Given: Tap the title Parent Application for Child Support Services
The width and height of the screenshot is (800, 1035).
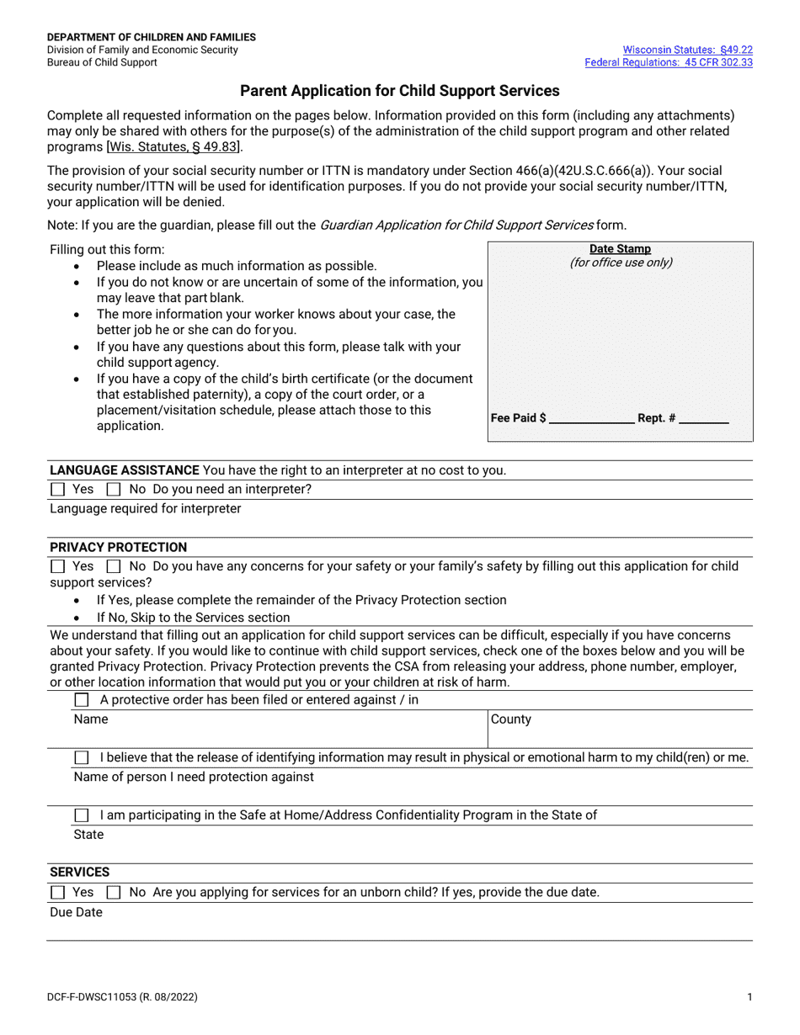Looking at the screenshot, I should pos(400,91).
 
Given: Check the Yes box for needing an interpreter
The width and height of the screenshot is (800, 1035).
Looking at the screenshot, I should pos(57,489).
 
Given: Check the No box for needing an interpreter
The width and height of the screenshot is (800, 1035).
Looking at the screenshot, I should pos(114,489).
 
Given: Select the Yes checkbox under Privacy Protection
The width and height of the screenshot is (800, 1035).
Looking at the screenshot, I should pos(57,566).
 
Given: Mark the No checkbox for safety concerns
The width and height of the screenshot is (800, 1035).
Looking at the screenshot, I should pos(114,566).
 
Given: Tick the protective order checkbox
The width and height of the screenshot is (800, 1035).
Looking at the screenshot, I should pos(82,700).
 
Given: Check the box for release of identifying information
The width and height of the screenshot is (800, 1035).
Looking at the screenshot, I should pos(82,757).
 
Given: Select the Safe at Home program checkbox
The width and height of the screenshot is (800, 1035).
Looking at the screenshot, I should pos(82,815).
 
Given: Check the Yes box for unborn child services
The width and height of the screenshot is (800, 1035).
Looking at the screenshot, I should pos(57,892).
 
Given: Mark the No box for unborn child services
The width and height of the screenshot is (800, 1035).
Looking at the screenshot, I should pos(114,892).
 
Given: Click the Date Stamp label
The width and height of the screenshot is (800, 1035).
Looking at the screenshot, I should pos(620,249).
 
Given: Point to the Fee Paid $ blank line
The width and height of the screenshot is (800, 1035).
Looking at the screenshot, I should pos(591,418).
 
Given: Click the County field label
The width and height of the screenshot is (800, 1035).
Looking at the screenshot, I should pos(511,719).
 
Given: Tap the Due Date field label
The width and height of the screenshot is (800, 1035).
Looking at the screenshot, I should pos(76,912).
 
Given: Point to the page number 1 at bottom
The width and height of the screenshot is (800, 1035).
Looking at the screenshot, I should pos(749,997).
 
